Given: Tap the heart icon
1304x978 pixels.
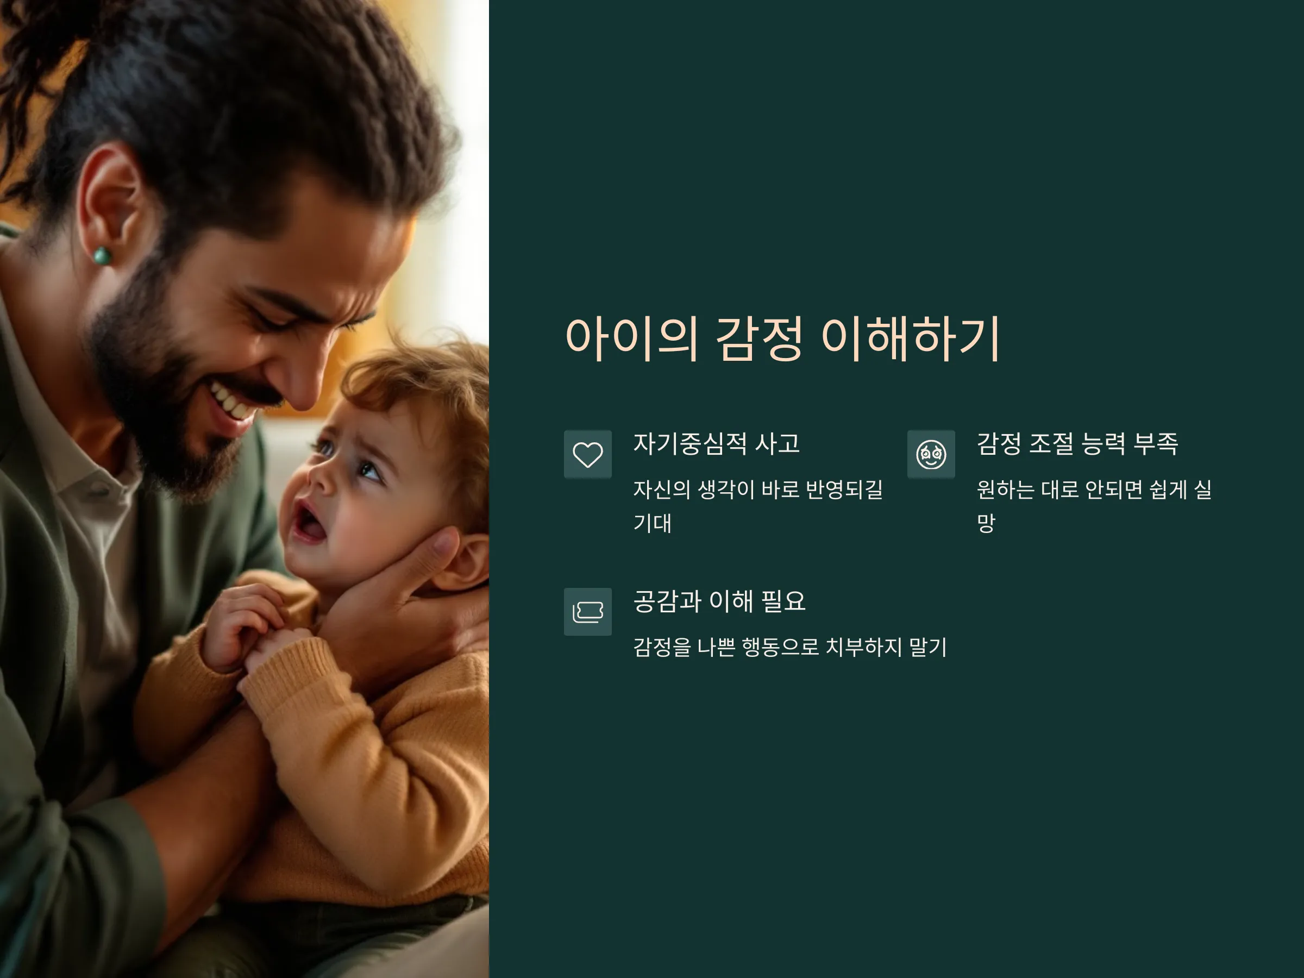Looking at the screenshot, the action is pyautogui.click(x=588, y=455).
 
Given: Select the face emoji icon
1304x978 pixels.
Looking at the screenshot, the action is pyautogui.click(x=931, y=455).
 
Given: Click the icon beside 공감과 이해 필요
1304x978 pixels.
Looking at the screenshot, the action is pyautogui.click(x=588, y=612).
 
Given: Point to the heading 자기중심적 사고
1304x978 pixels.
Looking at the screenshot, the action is pyautogui.click(x=716, y=444).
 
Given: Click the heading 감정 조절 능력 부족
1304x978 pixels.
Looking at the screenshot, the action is pyautogui.click(x=1077, y=444).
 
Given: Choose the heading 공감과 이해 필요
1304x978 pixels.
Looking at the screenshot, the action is pyautogui.click(x=719, y=601).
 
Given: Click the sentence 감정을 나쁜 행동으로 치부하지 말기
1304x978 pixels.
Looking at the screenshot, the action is pyautogui.click(x=790, y=647).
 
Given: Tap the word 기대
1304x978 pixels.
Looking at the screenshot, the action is pyautogui.click(x=653, y=523).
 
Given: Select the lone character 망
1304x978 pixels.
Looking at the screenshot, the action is pyautogui.click(x=986, y=523).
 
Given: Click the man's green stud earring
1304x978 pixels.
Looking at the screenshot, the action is pyautogui.click(x=102, y=256).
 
